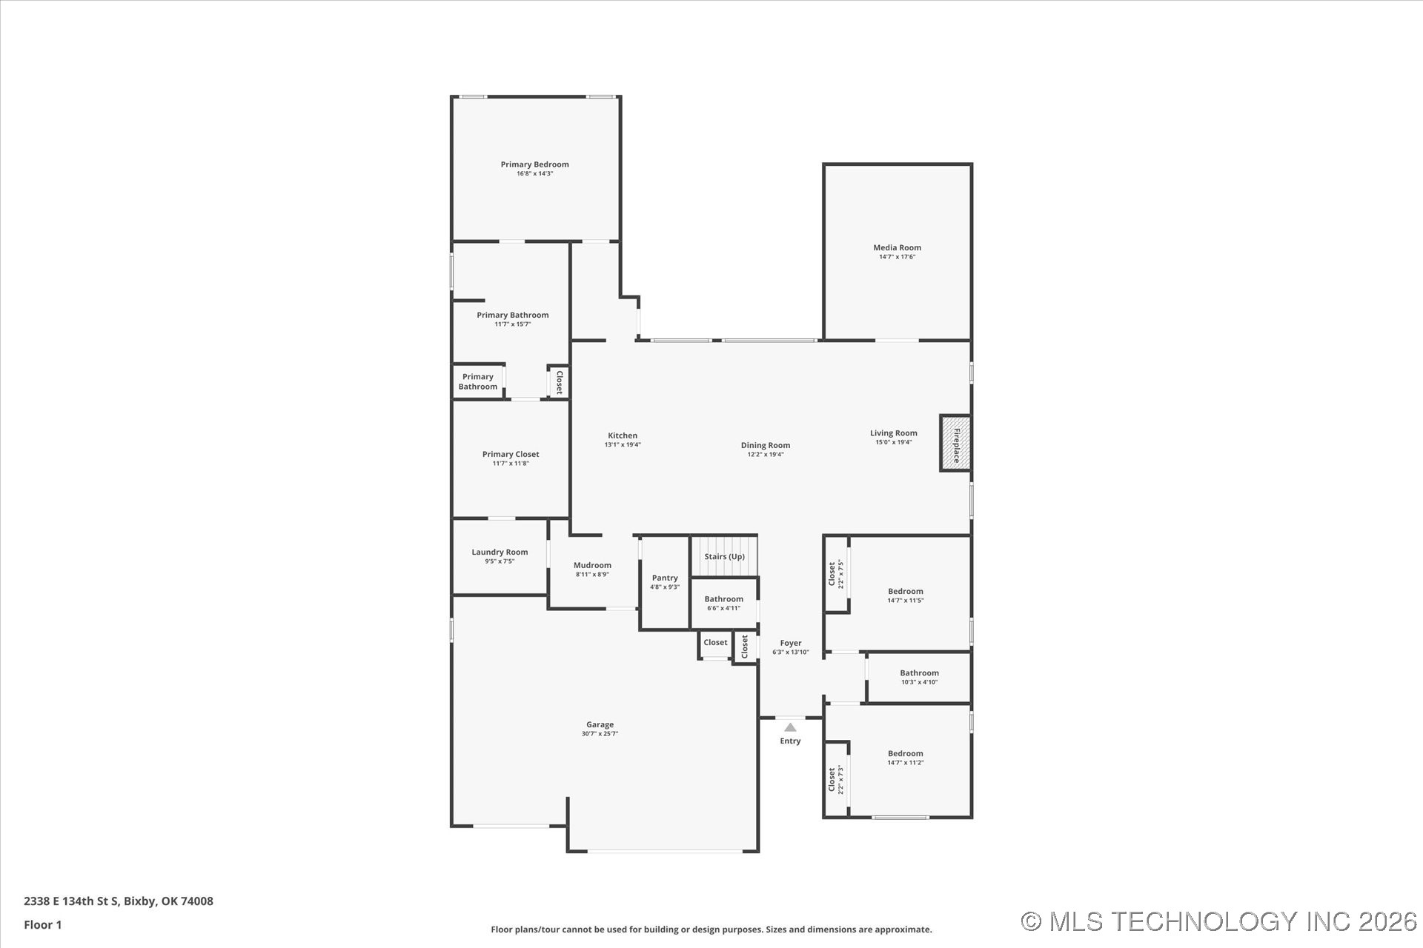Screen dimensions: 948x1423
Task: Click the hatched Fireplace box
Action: pyautogui.click(x=955, y=443)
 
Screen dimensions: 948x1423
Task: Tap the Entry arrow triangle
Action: pyautogui.click(x=790, y=727)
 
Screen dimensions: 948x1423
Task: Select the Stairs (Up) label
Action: pyautogui.click(x=724, y=557)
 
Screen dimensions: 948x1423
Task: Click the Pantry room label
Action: pyautogui.click(x=665, y=578)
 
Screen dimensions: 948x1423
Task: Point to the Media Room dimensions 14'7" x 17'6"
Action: pyautogui.click(x=897, y=257)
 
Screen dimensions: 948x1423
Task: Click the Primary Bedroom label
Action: pyautogui.click(x=534, y=164)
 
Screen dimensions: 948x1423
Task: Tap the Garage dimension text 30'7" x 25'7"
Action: pyautogui.click(x=600, y=734)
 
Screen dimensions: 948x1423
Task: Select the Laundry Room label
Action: pyautogui.click(x=500, y=552)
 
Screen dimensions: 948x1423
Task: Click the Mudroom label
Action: pyautogui.click(x=592, y=565)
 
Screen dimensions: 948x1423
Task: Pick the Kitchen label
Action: pyautogui.click(x=623, y=435)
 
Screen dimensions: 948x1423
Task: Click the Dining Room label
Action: pyautogui.click(x=765, y=445)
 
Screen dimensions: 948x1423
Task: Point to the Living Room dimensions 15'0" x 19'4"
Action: pyautogui.click(x=893, y=442)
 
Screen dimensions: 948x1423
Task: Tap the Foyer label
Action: pyautogui.click(x=790, y=644)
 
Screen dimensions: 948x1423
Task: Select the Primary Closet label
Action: pyautogui.click(x=511, y=454)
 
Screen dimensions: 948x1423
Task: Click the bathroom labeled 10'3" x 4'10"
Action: pyautogui.click(x=919, y=677)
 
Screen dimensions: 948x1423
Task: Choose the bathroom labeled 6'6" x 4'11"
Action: pyautogui.click(x=723, y=603)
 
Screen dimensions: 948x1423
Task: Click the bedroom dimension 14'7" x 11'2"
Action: pyautogui.click(x=905, y=763)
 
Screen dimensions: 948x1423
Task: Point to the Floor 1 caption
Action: pyautogui.click(x=43, y=924)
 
